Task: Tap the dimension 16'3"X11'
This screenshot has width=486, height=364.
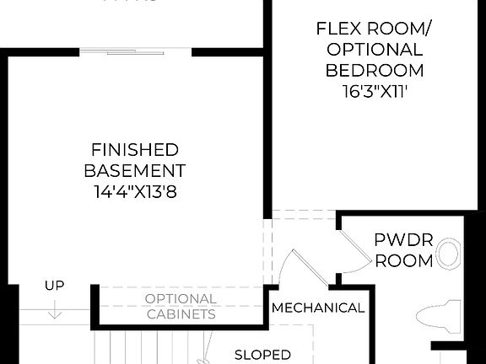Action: (374, 91)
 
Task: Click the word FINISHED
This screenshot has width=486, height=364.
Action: (135, 150)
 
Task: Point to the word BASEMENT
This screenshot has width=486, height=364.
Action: (135, 170)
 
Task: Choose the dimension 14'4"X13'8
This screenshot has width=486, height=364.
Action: (135, 191)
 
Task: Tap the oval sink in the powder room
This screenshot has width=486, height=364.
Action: (450, 253)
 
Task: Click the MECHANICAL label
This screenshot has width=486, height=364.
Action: (318, 308)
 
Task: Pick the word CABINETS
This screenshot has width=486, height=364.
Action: (181, 314)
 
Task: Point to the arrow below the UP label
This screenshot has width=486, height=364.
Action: (54, 309)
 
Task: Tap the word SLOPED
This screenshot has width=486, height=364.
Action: (262, 355)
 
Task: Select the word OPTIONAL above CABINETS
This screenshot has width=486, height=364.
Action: (181, 299)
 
